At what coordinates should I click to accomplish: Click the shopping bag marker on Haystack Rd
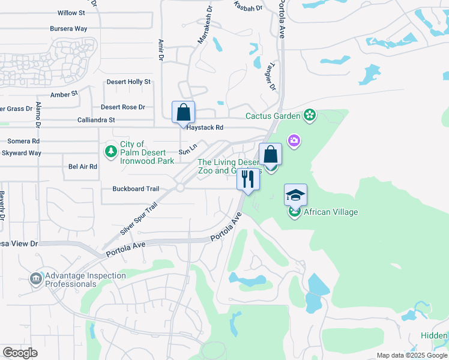click(x=183, y=113)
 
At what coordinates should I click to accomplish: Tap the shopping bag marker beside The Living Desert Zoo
click(x=271, y=155)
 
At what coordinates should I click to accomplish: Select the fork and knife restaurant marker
click(x=247, y=179)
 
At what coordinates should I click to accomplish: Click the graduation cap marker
click(x=295, y=195)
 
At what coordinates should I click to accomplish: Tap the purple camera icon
click(x=294, y=141)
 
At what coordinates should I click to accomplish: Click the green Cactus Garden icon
click(x=310, y=115)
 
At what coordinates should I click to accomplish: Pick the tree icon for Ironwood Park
click(x=110, y=152)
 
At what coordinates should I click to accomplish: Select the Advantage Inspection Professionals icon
click(x=35, y=278)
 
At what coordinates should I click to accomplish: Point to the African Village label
click(x=331, y=212)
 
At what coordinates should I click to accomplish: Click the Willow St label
click(x=71, y=13)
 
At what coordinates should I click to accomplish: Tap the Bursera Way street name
click(x=69, y=28)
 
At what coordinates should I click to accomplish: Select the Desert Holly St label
click(x=128, y=82)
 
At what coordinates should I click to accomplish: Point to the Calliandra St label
click(x=96, y=120)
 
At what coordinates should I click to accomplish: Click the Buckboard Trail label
click(x=136, y=188)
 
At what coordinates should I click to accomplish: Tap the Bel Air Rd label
click(x=83, y=166)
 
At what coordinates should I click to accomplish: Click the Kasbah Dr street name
click(x=249, y=7)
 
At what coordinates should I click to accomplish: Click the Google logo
click(x=20, y=353)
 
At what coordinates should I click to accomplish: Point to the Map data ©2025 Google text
click(x=412, y=355)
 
